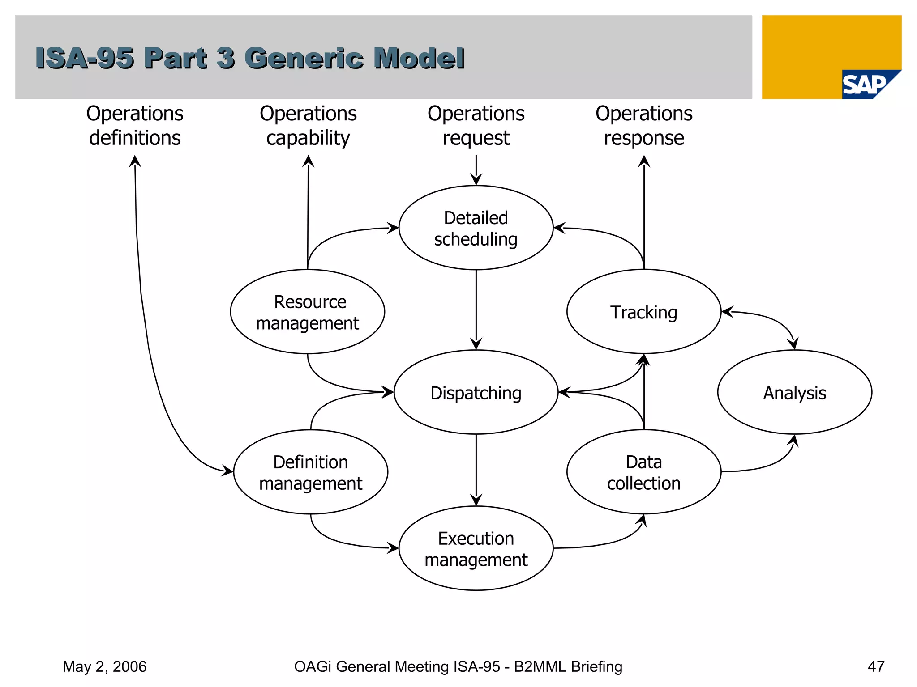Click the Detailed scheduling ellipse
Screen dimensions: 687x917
[476, 228]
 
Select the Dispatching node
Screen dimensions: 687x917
[476, 392]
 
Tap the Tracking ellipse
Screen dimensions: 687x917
[643, 312]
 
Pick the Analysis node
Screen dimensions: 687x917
[794, 392]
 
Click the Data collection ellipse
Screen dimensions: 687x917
[643, 472]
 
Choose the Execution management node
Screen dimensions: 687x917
[476, 548]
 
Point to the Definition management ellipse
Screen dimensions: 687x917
[310, 472]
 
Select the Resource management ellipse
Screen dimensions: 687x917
[307, 312]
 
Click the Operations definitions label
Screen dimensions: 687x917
[135, 126]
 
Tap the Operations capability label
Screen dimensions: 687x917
[308, 126]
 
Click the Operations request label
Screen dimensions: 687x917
[476, 126]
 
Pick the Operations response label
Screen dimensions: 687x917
[643, 126]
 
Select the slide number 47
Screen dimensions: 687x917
[876, 666]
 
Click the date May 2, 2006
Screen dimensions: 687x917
[104, 666]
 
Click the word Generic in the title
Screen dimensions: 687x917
[304, 58]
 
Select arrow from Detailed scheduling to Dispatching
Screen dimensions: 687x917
[476, 309]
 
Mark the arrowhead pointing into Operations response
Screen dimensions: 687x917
[644, 161]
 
